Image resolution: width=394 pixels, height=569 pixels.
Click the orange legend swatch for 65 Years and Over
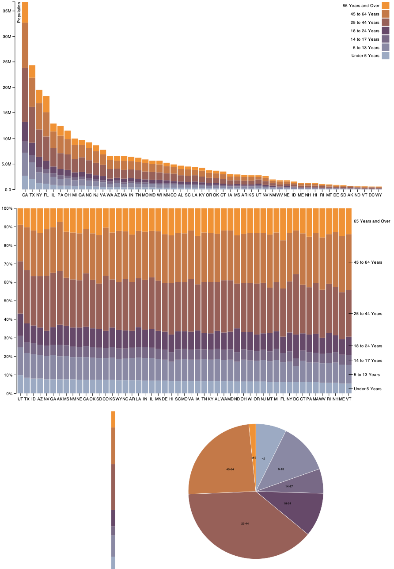385,6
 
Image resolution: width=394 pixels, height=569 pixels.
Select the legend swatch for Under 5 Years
385,56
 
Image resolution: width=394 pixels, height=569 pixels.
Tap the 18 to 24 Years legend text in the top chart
364,31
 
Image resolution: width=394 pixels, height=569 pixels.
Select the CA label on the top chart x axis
25,195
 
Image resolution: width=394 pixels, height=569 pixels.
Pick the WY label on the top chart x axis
379,195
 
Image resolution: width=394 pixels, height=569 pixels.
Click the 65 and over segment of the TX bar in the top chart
32,71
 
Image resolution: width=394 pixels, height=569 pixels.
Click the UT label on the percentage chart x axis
20,399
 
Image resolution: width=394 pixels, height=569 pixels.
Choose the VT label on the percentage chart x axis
349,399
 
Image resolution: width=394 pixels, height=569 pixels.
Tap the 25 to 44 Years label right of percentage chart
367,314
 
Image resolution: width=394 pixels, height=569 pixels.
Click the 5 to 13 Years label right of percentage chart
367,375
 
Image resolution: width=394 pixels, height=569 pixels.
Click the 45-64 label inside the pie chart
230,469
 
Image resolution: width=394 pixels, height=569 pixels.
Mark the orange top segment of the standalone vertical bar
113,419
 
